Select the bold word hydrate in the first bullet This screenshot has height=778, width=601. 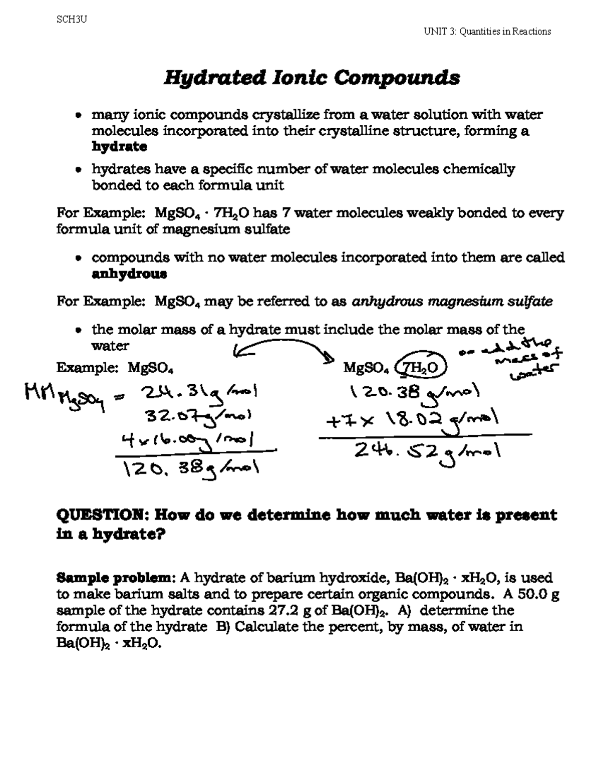tap(119, 147)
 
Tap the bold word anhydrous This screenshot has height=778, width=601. tap(129, 274)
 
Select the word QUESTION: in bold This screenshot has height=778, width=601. tap(102, 515)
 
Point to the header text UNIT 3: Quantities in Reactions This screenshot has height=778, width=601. tap(487, 32)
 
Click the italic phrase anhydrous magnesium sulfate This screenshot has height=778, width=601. tap(453, 302)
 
